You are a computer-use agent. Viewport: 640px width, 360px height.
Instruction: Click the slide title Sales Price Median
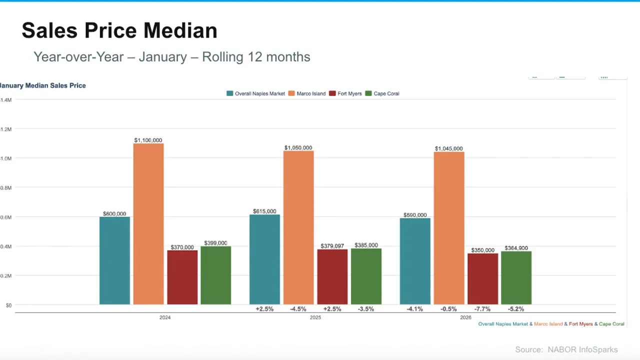(x=119, y=30)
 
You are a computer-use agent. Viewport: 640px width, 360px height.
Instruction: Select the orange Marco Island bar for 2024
(x=148, y=223)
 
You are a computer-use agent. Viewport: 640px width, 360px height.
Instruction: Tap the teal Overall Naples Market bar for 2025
(x=264, y=259)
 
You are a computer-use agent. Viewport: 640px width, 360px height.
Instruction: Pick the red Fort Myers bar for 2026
(x=482, y=278)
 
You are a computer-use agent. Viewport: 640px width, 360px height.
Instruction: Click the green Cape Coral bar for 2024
(x=215, y=275)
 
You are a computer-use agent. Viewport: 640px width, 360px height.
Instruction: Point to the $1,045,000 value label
(x=448, y=148)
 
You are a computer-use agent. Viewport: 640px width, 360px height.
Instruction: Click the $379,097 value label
(x=332, y=246)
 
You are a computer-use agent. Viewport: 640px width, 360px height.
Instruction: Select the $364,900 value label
(x=516, y=248)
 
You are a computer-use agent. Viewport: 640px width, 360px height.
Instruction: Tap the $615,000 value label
(x=264, y=211)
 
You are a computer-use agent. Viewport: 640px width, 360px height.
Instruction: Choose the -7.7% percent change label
(x=482, y=309)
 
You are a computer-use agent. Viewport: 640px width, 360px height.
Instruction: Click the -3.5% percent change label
(x=366, y=309)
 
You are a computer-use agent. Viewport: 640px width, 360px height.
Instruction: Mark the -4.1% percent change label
(x=415, y=309)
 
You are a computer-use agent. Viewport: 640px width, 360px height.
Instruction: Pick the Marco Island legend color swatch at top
(x=291, y=93)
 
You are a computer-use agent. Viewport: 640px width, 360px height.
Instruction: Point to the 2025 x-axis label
(x=315, y=317)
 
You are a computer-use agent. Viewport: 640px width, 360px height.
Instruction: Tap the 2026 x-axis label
(x=465, y=317)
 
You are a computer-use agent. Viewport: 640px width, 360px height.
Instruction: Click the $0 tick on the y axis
(x=8, y=305)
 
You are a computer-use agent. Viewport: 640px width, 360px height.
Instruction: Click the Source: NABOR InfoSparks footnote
(x=566, y=350)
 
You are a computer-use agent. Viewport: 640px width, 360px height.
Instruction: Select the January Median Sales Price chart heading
(x=43, y=85)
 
